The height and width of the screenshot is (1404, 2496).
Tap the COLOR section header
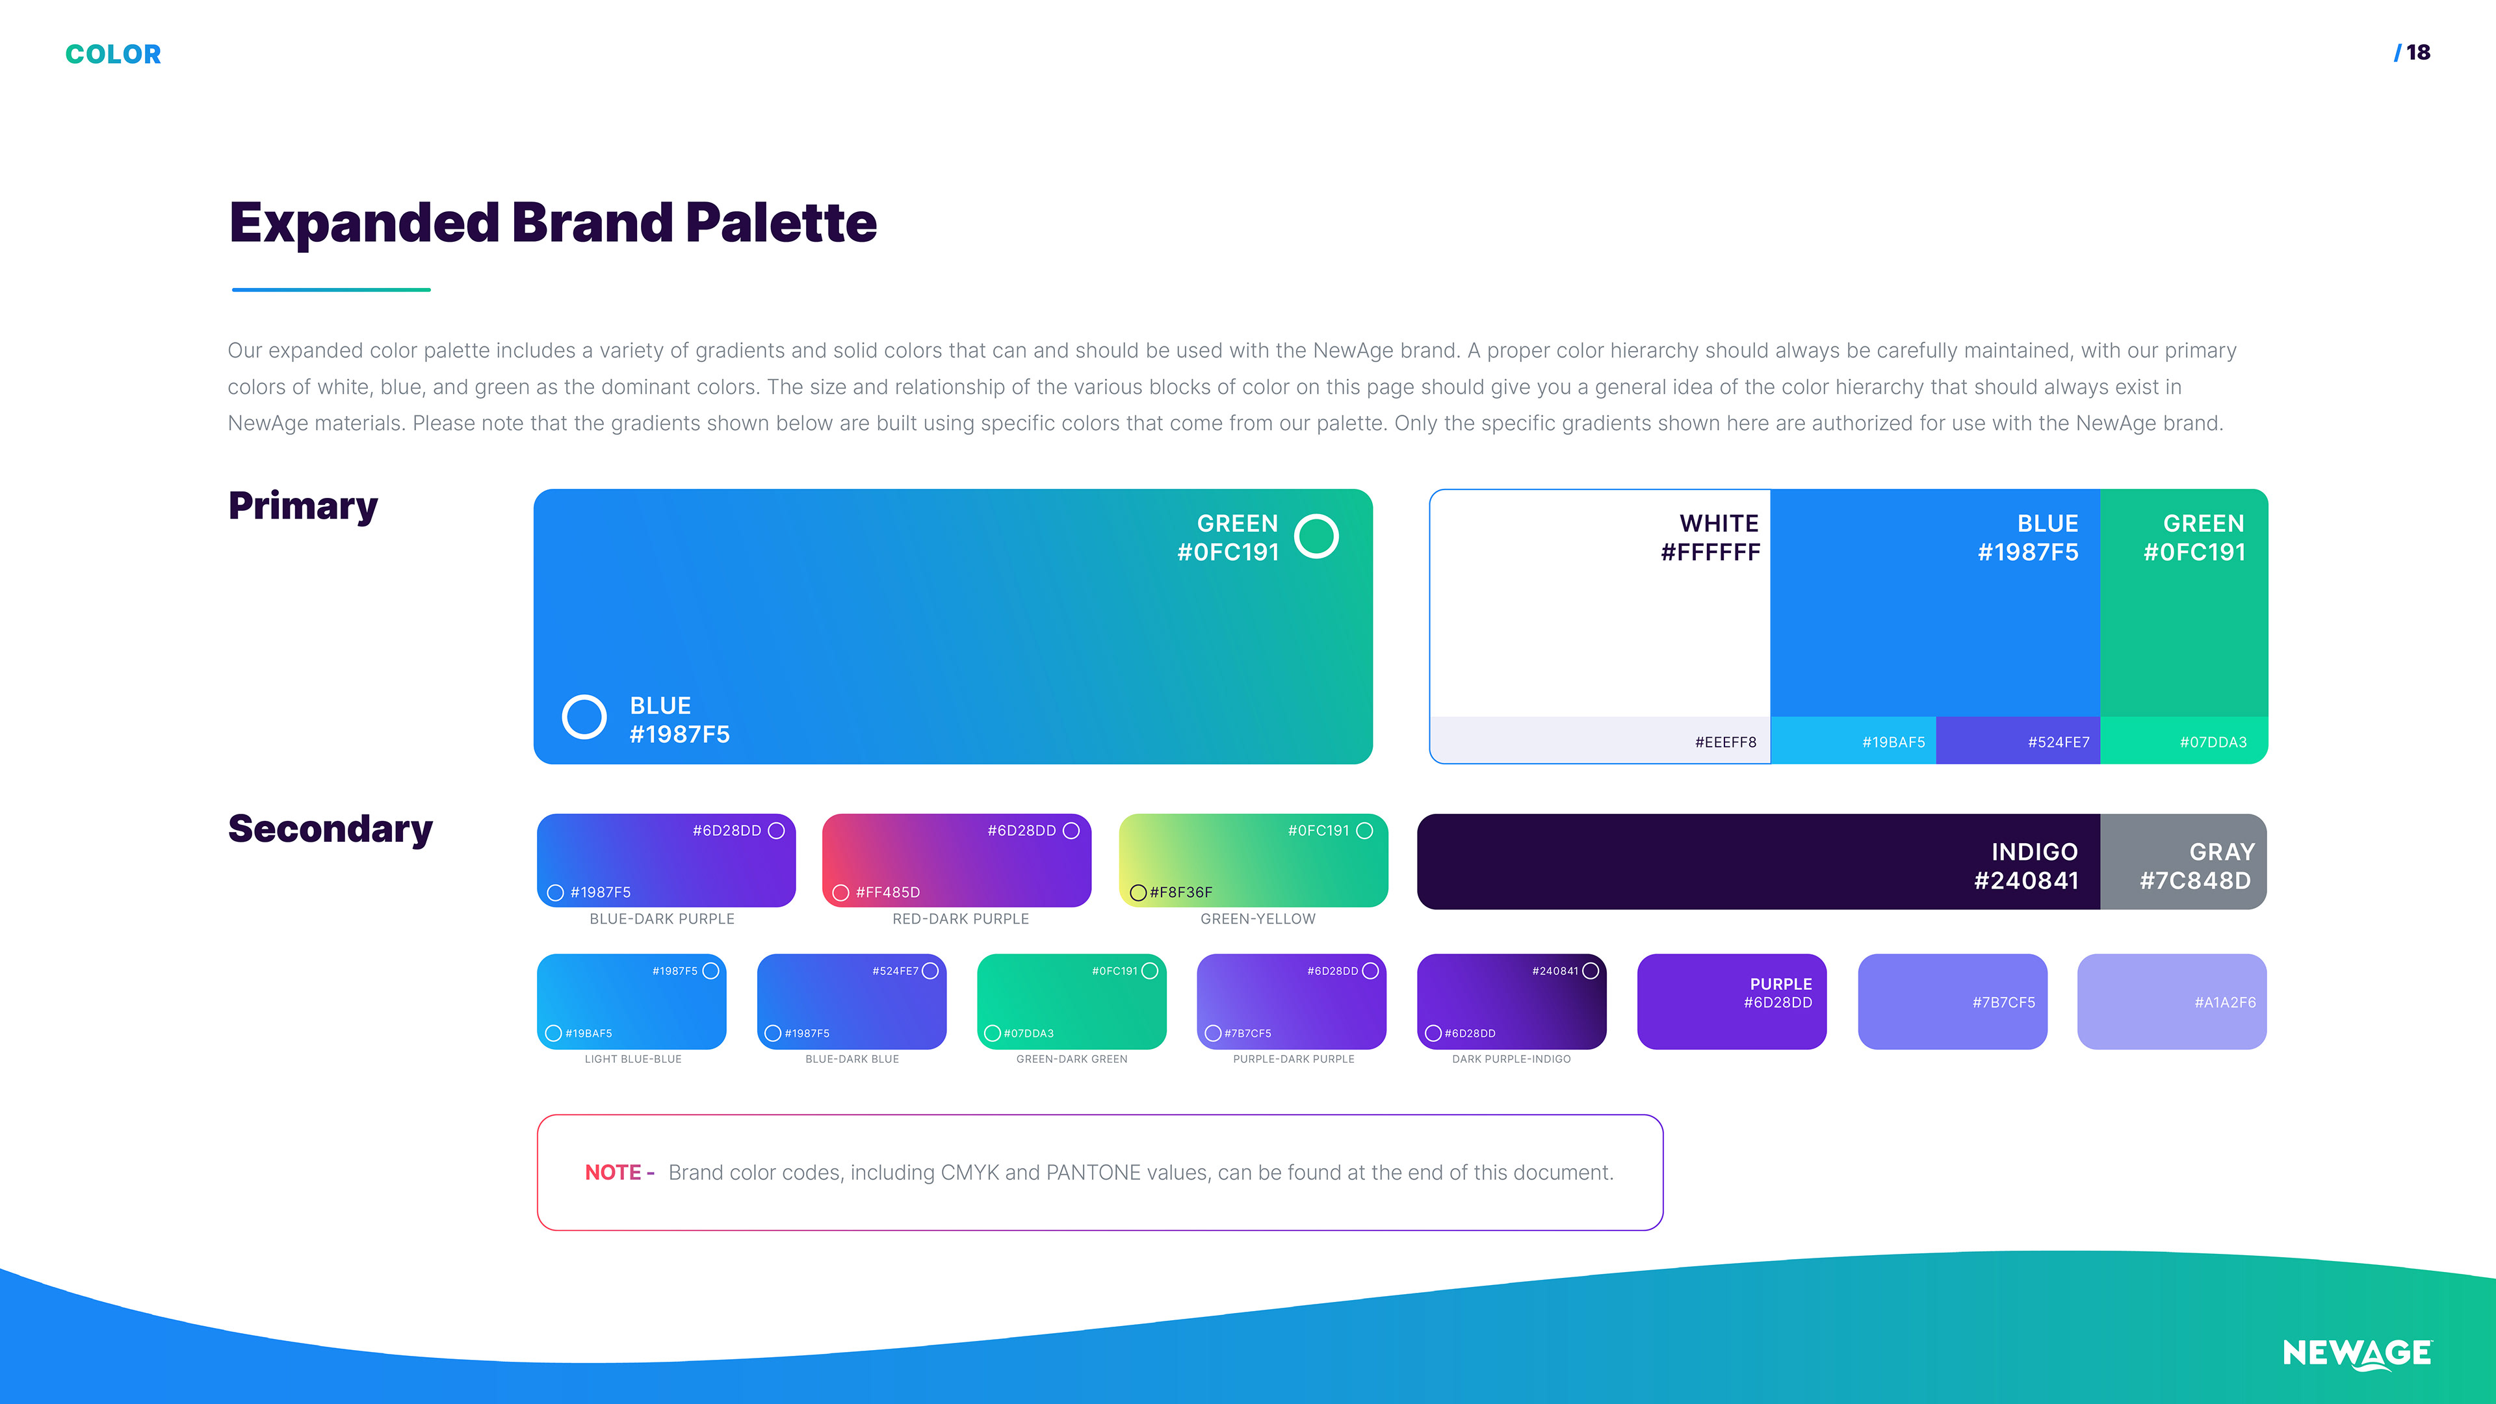(x=113, y=54)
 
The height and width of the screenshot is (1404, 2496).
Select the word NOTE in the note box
(x=612, y=1173)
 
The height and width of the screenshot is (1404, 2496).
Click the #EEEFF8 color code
(x=1724, y=742)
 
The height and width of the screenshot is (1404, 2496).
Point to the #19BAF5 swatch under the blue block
(x=1852, y=740)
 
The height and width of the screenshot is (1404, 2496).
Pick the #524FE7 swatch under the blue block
(x=2018, y=740)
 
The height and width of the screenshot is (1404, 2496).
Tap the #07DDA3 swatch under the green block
(x=2184, y=740)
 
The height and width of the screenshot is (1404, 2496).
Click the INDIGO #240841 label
(x=2026, y=866)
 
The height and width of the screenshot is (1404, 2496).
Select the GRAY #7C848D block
(x=2183, y=861)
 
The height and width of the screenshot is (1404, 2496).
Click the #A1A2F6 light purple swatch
(x=2172, y=1001)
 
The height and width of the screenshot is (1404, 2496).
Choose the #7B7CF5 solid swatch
(x=1953, y=1001)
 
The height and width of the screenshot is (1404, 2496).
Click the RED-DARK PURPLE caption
(x=960, y=918)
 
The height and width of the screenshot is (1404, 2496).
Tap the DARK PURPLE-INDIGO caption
(x=1511, y=1059)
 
